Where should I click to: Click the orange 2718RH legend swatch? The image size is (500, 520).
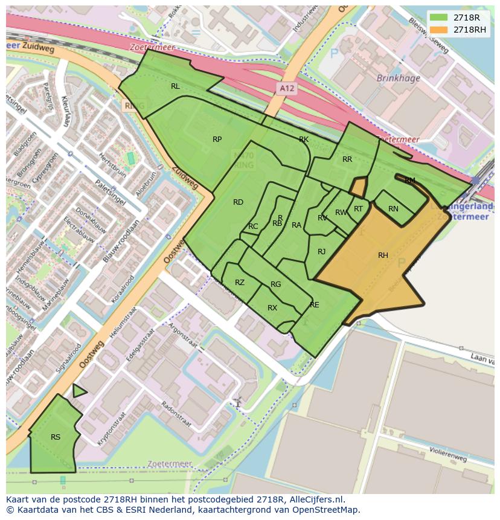(x=439, y=30)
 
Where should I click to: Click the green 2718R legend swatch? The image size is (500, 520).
(x=439, y=18)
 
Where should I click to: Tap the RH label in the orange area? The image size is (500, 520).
(x=383, y=255)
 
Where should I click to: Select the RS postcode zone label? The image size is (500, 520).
(x=56, y=437)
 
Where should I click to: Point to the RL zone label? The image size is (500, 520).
(x=175, y=86)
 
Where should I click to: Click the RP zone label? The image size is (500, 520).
(x=217, y=140)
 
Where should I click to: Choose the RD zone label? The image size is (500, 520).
(x=238, y=202)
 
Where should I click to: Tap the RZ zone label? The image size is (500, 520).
(x=240, y=283)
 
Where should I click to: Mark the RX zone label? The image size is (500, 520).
(x=272, y=308)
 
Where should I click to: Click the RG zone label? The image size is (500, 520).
(x=276, y=284)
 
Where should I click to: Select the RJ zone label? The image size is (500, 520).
(x=322, y=252)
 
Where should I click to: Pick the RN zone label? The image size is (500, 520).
(x=393, y=209)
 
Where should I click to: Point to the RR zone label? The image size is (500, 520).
(x=347, y=159)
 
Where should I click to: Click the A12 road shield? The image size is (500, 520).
(x=287, y=88)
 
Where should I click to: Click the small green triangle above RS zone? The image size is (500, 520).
(x=79, y=391)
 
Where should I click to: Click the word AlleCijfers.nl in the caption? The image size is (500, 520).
(x=313, y=499)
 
